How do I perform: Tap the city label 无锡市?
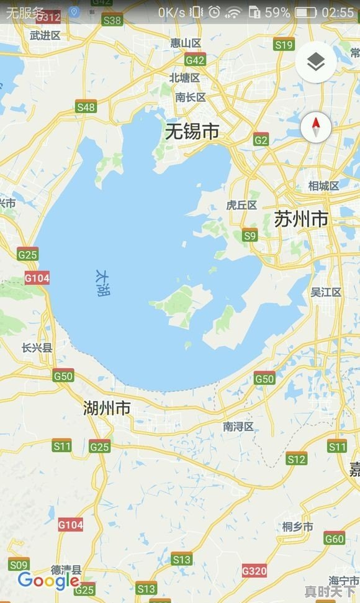192,132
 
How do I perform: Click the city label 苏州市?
301,219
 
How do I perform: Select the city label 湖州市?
107,408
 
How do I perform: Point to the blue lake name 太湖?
102,283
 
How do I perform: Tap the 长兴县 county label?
37,348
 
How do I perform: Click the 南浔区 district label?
238,427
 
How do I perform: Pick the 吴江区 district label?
326,292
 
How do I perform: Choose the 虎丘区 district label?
241,205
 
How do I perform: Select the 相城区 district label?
324,186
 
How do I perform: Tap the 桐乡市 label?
297,527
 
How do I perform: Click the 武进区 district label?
45,35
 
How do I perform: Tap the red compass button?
316,127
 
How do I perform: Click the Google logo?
48,581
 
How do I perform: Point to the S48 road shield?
86,107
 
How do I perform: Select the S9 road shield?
250,235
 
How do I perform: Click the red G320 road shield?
254,570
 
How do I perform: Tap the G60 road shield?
335,538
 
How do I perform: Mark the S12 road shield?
297,459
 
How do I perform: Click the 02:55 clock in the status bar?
338,12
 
